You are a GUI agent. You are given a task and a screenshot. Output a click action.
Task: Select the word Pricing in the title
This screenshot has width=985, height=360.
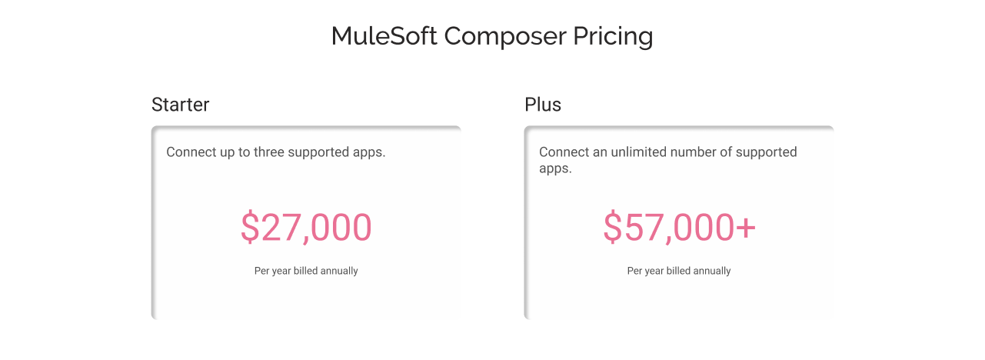(x=613, y=36)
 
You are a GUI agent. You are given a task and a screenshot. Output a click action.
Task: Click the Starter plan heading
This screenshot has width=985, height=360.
(x=180, y=105)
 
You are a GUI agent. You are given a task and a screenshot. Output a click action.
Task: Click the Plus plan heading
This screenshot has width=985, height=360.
(x=543, y=105)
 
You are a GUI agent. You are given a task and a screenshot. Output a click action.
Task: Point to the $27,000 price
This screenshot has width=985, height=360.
(x=306, y=228)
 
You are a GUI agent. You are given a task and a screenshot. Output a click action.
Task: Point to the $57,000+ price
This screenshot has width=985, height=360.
(x=679, y=228)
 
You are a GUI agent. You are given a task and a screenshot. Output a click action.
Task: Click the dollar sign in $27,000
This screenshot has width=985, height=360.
(x=250, y=228)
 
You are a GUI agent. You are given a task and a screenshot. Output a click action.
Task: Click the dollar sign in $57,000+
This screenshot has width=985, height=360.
(x=612, y=228)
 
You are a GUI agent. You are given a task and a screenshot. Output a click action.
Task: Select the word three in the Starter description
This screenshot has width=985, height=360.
(x=268, y=152)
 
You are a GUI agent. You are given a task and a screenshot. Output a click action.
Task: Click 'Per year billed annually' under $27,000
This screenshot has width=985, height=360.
(x=306, y=271)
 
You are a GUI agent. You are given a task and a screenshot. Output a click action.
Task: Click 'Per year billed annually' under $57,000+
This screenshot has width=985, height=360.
(x=679, y=271)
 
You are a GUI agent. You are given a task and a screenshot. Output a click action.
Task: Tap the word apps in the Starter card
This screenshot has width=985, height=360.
(x=369, y=152)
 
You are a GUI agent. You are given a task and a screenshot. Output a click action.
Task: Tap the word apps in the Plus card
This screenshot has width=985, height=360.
(x=554, y=168)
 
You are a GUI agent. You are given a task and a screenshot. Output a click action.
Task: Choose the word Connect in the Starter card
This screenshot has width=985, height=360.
(x=191, y=152)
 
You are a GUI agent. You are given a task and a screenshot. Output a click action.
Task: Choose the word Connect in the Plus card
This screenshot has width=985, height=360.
(x=564, y=152)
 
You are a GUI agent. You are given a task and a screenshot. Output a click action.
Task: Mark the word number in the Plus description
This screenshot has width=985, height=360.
(x=694, y=152)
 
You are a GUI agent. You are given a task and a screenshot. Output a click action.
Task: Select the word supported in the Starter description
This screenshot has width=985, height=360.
(x=319, y=152)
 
